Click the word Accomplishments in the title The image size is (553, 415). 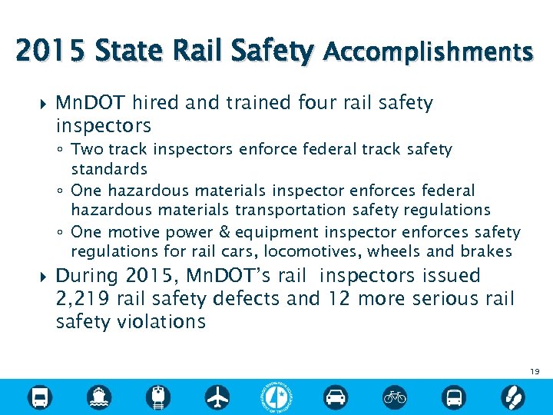point(428,52)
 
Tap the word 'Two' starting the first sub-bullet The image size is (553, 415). point(86,149)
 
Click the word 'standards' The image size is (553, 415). point(109,168)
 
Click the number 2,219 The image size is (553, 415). point(84,299)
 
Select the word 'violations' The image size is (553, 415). point(162,321)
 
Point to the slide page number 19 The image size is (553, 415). point(535,372)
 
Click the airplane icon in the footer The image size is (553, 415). point(217,397)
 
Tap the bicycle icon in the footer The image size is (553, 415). point(395,397)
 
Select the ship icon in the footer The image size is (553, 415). point(99,397)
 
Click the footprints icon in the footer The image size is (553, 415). point(512,397)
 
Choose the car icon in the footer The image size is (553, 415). point(336,397)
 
